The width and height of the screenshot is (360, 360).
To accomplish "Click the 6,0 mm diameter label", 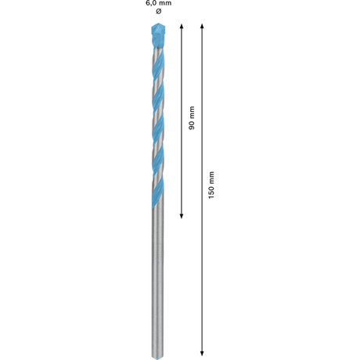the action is (x=159, y=3).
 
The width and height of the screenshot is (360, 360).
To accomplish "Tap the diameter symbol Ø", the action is (x=159, y=11).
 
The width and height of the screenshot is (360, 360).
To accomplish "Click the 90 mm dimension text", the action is (x=192, y=118).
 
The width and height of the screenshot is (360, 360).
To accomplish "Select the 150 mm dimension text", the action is (x=211, y=185).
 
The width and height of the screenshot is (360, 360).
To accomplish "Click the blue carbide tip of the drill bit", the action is (x=158, y=35).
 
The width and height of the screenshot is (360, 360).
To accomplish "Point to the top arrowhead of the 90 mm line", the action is (x=182, y=27).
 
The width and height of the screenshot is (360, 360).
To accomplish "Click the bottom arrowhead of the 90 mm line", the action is (x=182, y=215).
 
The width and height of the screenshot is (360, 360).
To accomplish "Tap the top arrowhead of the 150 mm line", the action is (x=202, y=27).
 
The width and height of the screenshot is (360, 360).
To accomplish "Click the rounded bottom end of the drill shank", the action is (x=158, y=356).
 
